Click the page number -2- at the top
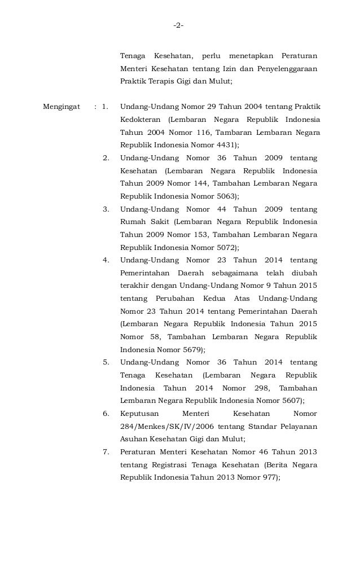click(x=179, y=26)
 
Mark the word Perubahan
click(x=172, y=298)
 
